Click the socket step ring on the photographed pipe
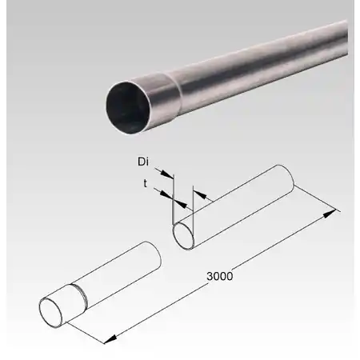click(x=164, y=89)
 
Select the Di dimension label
click(x=143, y=162)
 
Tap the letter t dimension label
click(x=145, y=182)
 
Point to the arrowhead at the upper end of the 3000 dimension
click(x=333, y=213)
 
